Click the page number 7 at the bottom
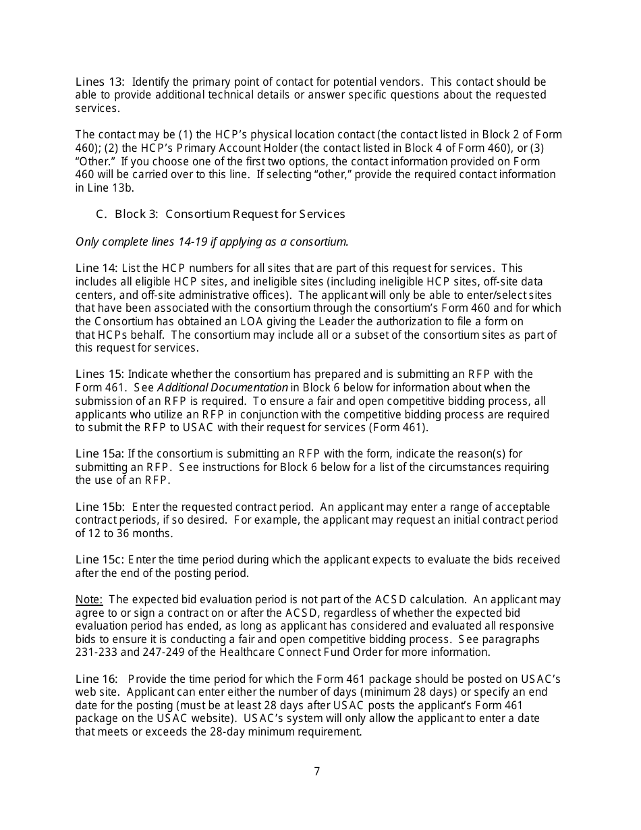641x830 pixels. pos(317,771)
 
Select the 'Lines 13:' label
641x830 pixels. pos(99,82)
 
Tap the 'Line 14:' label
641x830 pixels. pos(96,268)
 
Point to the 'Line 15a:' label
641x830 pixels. pos(100,453)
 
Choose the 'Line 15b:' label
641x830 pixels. pos(101,507)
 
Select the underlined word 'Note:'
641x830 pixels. pos(88,599)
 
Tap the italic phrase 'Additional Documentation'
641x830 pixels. pos(222,387)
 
